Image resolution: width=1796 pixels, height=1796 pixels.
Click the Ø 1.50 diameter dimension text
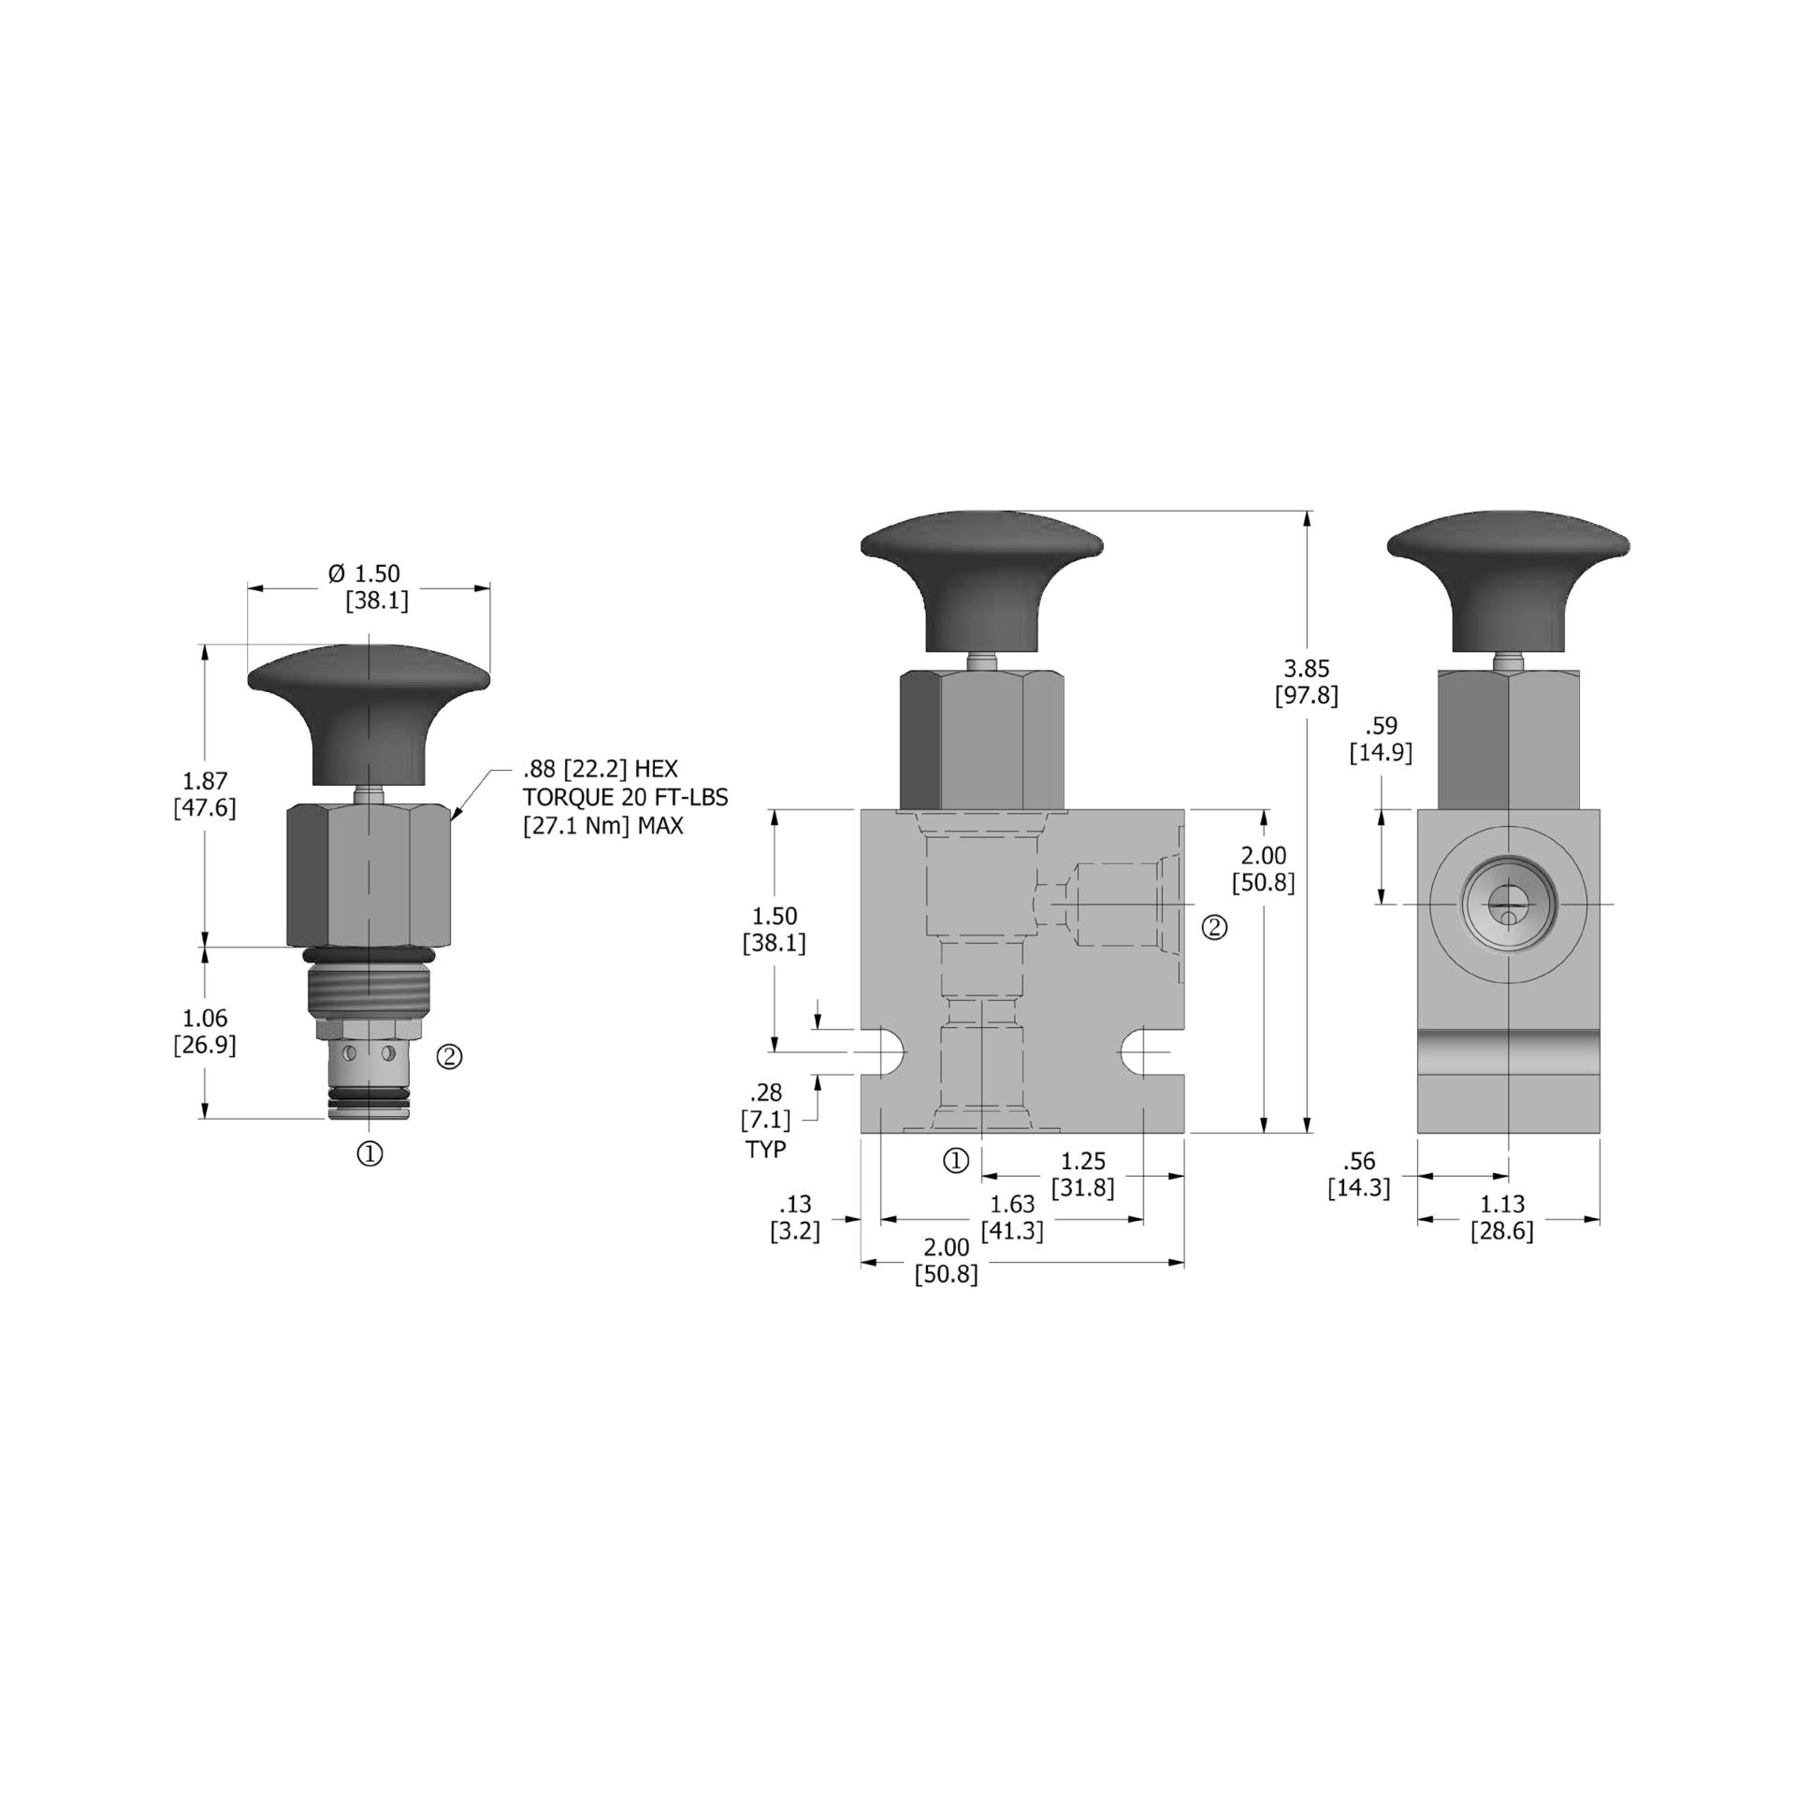(365, 573)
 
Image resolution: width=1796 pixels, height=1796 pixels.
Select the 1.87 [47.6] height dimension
(205, 793)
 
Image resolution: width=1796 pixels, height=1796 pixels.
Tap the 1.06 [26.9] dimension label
(205, 1031)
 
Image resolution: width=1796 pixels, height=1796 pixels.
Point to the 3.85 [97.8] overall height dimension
(1306, 682)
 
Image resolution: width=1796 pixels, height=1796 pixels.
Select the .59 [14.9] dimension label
(1381, 739)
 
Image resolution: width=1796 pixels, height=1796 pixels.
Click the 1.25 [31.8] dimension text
(1082, 1174)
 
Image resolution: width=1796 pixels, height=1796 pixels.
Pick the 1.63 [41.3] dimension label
(1012, 1217)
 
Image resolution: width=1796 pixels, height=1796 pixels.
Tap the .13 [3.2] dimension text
(795, 1217)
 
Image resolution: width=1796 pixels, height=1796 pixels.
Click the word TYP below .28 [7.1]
(766, 1150)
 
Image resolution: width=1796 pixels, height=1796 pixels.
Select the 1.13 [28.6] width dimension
(1502, 1217)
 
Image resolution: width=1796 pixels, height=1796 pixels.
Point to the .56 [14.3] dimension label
(1358, 1174)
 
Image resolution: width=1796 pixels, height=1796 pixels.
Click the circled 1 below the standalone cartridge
(370, 1154)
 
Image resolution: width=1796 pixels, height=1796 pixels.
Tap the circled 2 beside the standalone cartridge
(450, 1057)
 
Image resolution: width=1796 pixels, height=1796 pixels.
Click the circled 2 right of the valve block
(1214, 927)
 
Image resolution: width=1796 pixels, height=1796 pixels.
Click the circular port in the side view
(1508, 905)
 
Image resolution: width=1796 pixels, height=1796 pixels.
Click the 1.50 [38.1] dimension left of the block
(774, 929)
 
